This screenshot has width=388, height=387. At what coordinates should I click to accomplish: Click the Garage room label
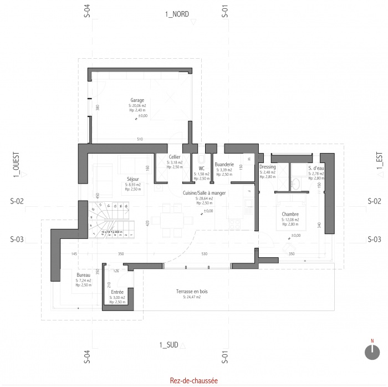[137, 100]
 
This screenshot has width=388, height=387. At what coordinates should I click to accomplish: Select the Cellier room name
[176, 157]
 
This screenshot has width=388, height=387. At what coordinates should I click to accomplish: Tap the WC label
[201, 168]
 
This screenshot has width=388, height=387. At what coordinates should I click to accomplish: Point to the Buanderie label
[224, 164]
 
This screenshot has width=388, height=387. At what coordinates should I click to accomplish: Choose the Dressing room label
[267, 167]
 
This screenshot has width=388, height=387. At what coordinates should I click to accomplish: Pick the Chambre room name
[290, 214]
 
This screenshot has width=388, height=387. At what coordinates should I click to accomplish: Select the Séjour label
[132, 179]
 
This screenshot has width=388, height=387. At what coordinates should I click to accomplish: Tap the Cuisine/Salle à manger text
[205, 192]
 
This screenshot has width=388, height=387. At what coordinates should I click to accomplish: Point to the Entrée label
[117, 292]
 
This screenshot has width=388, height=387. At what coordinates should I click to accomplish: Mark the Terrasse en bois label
[191, 291]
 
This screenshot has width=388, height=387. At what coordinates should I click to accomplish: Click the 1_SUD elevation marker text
[169, 345]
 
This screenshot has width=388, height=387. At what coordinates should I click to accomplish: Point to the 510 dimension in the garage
[140, 139]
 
